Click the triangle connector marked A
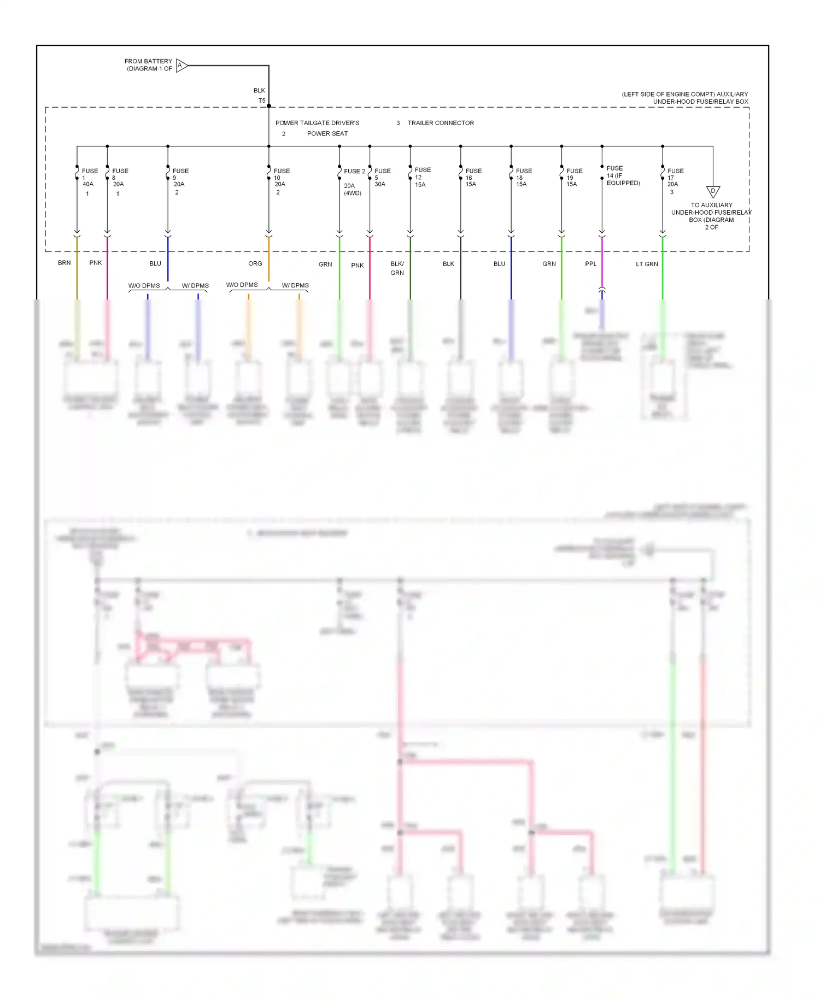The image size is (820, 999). pyautogui.click(x=181, y=66)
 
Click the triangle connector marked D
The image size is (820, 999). pyautogui.click(x=713, y=191)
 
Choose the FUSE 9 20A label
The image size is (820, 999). pyautogui.click(x=180, y=178)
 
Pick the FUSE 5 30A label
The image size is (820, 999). pyautogui.click(x=382, y=178)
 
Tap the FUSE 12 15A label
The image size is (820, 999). pyautogui.click(x=423, y=177)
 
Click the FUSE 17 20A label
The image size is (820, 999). pyautogui.click(x=675, y=178)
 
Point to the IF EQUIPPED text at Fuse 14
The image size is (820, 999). pyautogui.click(x=623, y=179)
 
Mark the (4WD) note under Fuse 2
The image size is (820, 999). pyautogui.click(x=353, y=193)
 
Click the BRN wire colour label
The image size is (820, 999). pyautogui.click(x=65, y=263)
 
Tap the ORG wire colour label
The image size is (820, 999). pyautogui.click(x=255, y=263)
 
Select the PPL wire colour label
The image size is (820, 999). pyautogui.click(x=591, y=264)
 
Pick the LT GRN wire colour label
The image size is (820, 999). pyautogui.click(x=647, y=264)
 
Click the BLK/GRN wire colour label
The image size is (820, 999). pyautogui.click(x=397, y=268)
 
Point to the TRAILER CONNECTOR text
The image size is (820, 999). pyautogui.click(x=441, y=123)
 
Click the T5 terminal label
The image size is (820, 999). pyautogui.click(x=262, y=101)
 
